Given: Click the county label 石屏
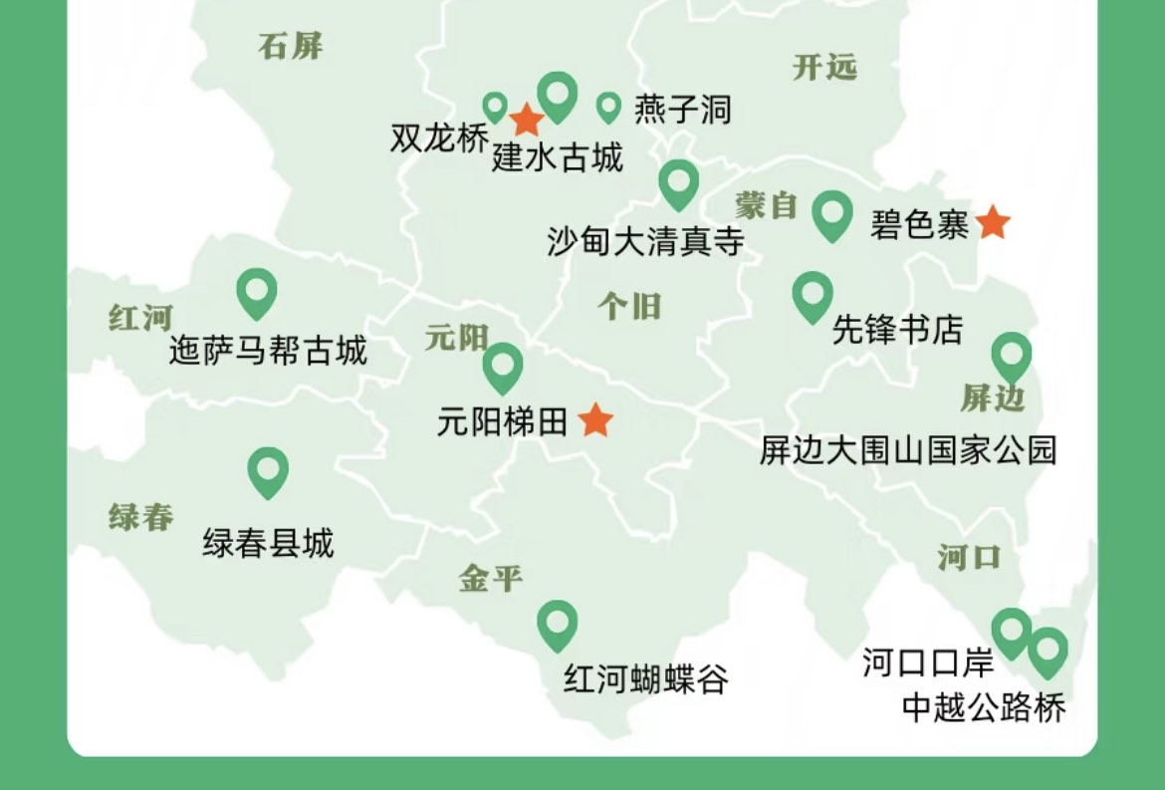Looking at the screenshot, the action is click(x=291, y=46).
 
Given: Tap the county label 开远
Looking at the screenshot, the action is click(x=824, y=67).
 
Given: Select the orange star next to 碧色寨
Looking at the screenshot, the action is click(x=992, y=223).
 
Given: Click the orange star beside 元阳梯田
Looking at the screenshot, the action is click(x=595, y=420).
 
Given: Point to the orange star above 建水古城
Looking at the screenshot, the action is click(x=526, y=121).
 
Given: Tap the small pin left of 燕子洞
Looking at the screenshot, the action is click(x=608, y=106).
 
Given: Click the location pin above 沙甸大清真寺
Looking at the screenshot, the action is click(x=678, y=182).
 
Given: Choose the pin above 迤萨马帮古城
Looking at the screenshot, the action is click(x=256, y=291).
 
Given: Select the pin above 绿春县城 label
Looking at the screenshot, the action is click(x=268, y=470).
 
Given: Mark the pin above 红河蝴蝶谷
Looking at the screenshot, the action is click(x=557, y=623).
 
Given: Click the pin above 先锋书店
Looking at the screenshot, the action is click(x=813, y=295).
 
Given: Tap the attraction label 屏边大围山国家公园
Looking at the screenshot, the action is click(x=907, y=450).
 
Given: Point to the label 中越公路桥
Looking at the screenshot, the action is click(x=983, y=706).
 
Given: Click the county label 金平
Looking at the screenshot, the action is click(x=490, y=578).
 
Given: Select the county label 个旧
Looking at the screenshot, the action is click(x=629, y=306).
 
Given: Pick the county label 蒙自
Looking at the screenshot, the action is click(x=767, y=205).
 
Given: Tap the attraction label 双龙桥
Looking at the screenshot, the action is click(x=439, y=139).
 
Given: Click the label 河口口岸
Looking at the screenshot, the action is click(x=927, y=662).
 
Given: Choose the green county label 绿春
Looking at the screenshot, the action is click(x=140, y=517).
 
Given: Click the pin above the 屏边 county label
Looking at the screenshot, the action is click(x=1011, y=356).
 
